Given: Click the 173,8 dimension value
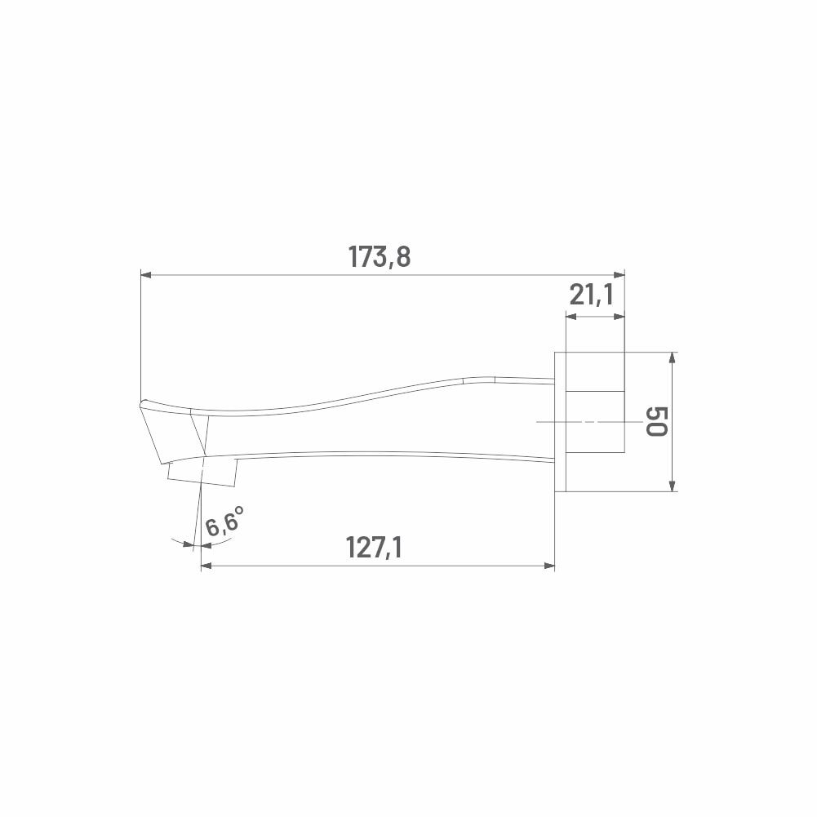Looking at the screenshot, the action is tap(380, 257).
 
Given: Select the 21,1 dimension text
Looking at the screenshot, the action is tap(592, 295).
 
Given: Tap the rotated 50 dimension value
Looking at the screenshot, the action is tap(656, 421).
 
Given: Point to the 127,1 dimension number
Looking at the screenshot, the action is tap(374, 548).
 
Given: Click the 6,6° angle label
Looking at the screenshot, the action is tap(224, 521).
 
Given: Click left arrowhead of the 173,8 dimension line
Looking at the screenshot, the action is tap(146, 274).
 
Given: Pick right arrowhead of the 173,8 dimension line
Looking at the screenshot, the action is tap(619, 274).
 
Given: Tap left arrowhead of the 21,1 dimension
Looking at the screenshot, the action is tap(571, 317).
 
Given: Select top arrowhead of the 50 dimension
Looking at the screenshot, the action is tap(673, 357).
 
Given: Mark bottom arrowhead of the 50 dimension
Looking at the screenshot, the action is tap(673, 486).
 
